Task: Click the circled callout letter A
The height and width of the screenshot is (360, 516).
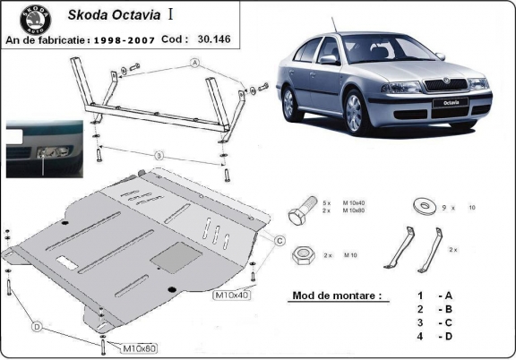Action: click(193, 63)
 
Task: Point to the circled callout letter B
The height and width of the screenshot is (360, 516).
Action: click(159, 157)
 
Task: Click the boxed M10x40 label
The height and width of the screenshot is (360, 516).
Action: click(230, 294)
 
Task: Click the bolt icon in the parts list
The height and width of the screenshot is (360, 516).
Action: click(301, 216)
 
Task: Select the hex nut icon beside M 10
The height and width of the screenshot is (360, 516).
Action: click(302, 255)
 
